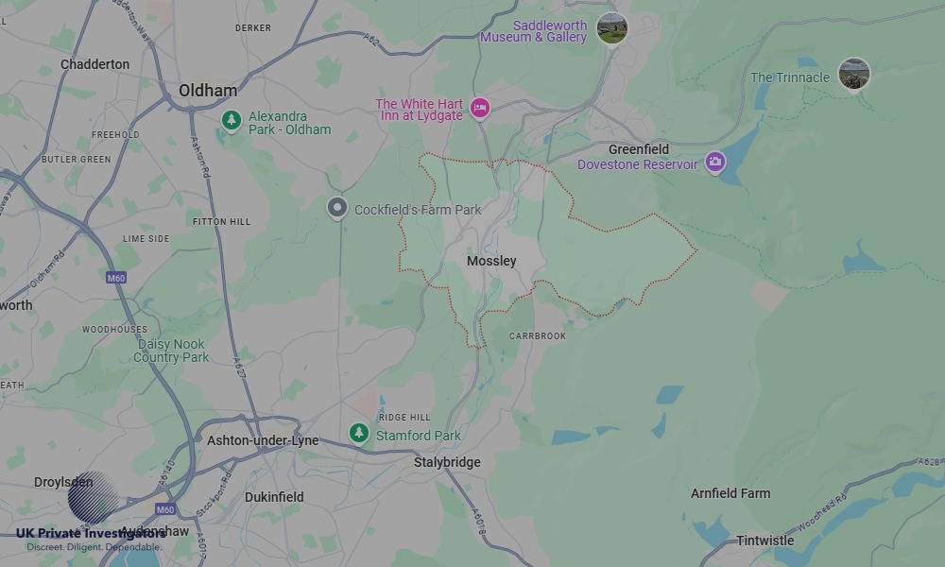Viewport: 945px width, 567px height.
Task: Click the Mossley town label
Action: [x=491, y=261]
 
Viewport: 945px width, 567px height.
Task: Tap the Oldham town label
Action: [x=208, y=91]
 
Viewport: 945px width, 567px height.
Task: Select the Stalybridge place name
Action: [x=447, y=462]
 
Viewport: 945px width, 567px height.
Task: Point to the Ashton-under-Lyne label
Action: [x=263, y=440]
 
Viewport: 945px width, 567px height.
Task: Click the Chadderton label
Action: [x=94, y=64]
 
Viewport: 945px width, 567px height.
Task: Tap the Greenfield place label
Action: [x=638, y=149]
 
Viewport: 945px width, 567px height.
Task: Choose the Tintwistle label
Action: [x=765, y=541]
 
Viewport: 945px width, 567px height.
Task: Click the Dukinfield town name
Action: [x=274, y=496]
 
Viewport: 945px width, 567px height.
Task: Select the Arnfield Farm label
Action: [x=730, y=493]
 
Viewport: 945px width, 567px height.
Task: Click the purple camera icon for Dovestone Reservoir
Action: [x=715, y=163]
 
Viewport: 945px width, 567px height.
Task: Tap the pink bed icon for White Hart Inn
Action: [x=480, y=109]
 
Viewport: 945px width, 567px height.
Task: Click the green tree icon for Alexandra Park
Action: [x=231, y=120]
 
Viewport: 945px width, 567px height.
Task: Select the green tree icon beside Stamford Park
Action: [x=358, y=433]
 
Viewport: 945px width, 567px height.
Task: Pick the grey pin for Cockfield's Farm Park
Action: [x=336, y=208]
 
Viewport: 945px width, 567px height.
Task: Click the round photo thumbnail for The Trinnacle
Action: [x=854, y=75]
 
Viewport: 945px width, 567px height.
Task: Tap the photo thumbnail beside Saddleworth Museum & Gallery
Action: [x=611, y=28]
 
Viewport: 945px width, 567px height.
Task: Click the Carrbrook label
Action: [x=537, y=335]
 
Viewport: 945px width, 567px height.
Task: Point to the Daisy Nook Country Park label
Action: [x=171, y=351]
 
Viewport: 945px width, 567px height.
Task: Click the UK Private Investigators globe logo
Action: [x=92, y=497]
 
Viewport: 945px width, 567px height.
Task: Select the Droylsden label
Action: [x=63, y=482]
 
